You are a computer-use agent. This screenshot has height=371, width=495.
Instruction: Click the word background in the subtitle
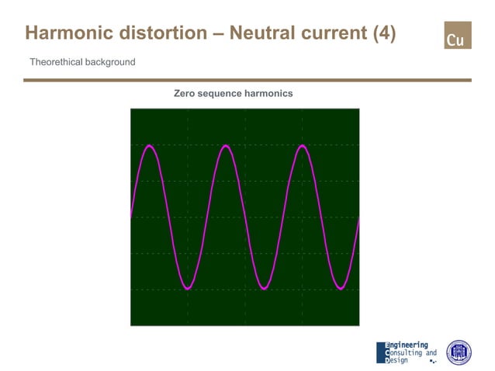click(109, 62)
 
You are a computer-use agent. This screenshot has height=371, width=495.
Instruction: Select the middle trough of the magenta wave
click(263, 289)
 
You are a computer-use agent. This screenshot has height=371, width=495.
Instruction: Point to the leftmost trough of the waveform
click(187, 289)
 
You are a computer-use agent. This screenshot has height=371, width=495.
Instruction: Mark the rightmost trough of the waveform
click(340, 289)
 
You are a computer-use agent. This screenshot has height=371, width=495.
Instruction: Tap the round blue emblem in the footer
click(459, 352)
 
